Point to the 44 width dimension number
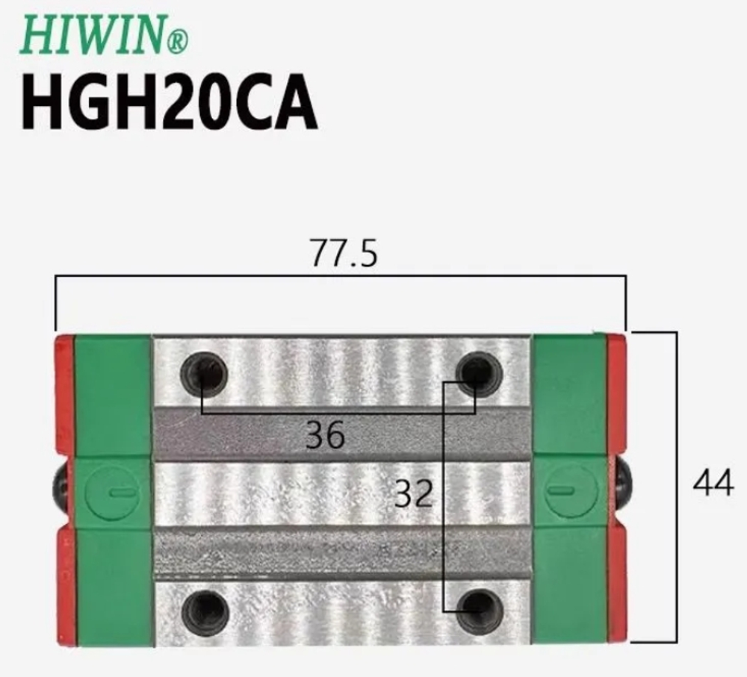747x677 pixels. coord(713,484)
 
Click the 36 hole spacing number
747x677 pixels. coord(325,435)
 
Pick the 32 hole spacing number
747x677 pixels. coord(413,493)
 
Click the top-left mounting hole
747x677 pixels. coord(204,373)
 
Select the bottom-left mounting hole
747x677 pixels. coord(204,612)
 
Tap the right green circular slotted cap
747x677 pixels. coord(571,490)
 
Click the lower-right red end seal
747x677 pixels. coord(617,582)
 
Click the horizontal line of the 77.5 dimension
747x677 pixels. coord(224,275)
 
